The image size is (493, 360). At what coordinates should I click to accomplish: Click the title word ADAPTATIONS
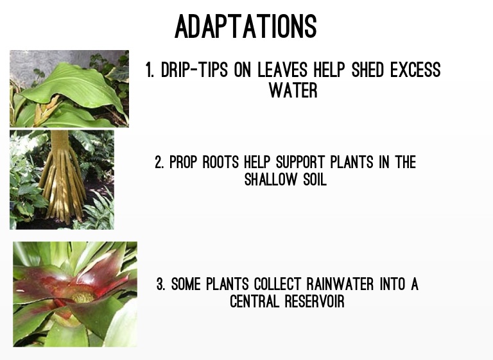246,26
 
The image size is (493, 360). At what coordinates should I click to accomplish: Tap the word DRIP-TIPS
194,69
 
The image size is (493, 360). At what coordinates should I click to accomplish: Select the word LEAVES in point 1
282,69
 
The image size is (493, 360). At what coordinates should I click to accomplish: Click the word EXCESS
415,69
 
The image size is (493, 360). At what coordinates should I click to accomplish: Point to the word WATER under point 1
293,90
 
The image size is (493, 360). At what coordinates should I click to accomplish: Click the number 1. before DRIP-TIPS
150,69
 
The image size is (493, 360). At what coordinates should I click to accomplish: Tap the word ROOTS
221,162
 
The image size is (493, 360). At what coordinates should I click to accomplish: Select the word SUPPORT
300,162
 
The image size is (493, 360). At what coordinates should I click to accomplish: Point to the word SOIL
315,180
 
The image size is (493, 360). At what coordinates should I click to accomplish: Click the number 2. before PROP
159,162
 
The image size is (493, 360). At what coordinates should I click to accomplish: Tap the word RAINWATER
340,284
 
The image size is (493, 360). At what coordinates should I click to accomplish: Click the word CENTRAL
254,301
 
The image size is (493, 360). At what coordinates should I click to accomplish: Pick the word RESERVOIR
315,301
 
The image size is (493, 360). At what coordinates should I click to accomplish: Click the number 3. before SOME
160,284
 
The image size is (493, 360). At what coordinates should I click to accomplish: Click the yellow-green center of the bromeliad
83,298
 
